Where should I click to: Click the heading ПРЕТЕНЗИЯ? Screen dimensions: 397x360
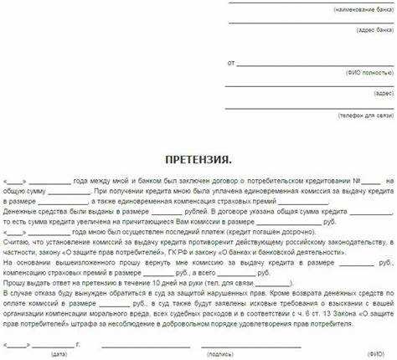pyautogui.click(x=198, y=159)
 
